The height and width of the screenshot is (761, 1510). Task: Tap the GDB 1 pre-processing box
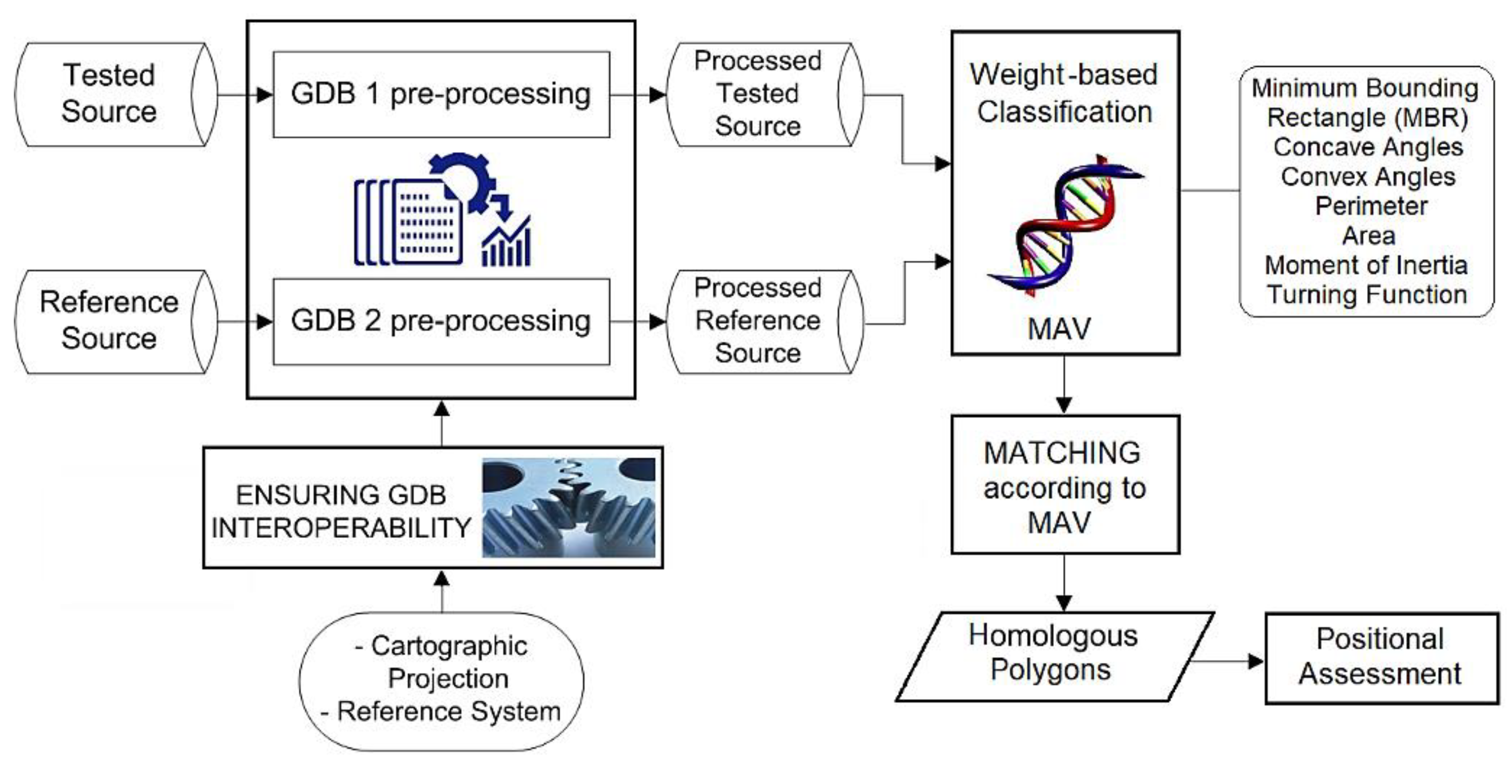click(x=441, y=94)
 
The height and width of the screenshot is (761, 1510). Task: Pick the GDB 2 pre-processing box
click(x=441, y=321)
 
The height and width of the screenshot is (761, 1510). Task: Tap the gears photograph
click(x=568, y=507)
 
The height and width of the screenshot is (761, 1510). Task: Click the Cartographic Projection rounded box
click(x=441, y=680)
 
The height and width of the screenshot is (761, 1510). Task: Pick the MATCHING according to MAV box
click(x=1064, y=486)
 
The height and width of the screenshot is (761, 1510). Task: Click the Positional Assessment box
click(x=1380, y=657)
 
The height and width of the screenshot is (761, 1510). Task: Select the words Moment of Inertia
click(x=1366, y=265)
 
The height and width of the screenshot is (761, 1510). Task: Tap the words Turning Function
click(x=1366, y=295)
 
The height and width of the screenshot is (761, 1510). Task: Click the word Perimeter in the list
click(x=1370, y=206)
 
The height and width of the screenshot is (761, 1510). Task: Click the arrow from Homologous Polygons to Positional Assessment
click(x=1228, y=661)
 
